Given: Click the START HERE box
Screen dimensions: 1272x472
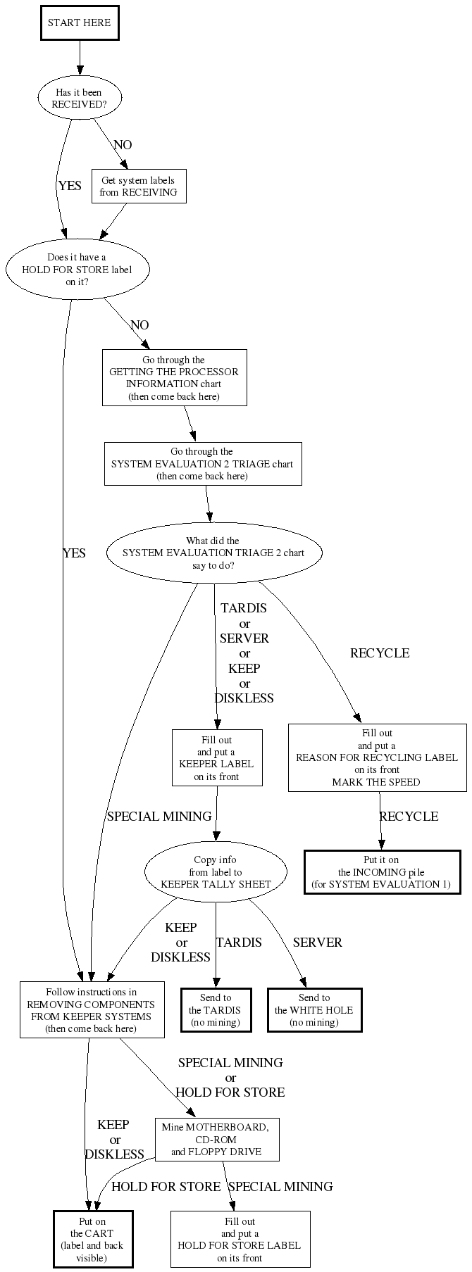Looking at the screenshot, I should pyautogui.click(x=79, y=23).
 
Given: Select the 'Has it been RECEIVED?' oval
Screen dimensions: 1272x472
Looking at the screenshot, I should pyautogui.click(x=79, y=99).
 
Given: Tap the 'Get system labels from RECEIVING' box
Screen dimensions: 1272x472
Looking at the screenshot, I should pyautogui.click(x=139, y=187).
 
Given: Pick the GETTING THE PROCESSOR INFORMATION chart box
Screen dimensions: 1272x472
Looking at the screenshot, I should pyautogui.click(x=174, y=378).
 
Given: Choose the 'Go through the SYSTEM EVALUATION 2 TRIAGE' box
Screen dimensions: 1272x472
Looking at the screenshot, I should pyautogui.click(x=203, y=464).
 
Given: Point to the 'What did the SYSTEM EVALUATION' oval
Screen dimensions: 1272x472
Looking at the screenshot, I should pyautogui.click(x=214, y=553).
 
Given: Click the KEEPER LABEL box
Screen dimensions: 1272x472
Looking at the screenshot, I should pyautogui.click(x=217, y=758).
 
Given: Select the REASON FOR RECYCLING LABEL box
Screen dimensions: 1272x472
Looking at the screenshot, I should pyautogui.click(x=377, y=757).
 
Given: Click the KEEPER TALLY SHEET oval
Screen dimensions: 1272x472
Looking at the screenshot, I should pyautogui.click(x=216, y=872).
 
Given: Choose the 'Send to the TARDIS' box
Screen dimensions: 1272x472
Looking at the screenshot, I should pyautogui.click(x=216, y=1010).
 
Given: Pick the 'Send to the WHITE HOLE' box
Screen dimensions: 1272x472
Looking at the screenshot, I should pyautogui.click(x=314, y=1010).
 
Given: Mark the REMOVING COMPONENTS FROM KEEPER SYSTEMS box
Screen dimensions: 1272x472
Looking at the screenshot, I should pyautogui.click(x=92, y=1010).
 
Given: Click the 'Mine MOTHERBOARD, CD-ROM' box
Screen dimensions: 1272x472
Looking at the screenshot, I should pyautogui.click(x=216, y=1140).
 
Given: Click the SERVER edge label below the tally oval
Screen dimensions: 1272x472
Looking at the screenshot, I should pyautogui.click(x=317, y=943).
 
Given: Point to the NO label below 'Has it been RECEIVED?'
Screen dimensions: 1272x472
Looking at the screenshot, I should pyautogui.click(x=123, y=145).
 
